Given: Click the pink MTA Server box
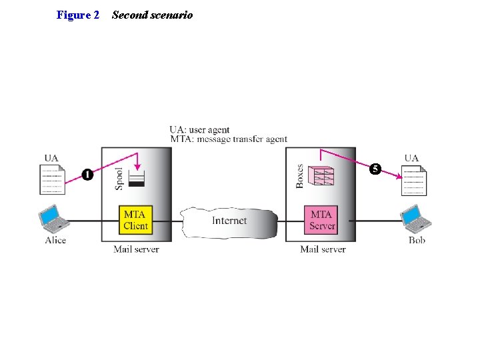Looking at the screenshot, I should coord(322,220).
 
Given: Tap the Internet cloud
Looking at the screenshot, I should coord(229,221).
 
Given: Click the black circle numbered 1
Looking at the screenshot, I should coord(87,174).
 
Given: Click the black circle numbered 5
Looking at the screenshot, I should coord(376,169).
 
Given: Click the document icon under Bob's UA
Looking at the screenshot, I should coord(414,180).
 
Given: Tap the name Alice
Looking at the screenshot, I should coord(55,240).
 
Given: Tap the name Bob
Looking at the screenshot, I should coord(417,240).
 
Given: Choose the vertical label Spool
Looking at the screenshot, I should coord(119,178).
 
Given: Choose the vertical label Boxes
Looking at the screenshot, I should coord(299,176).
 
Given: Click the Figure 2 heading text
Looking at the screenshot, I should coord(78,15).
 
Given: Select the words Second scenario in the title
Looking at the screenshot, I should coord(152,15).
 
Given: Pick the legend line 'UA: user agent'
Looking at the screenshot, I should coord(199,129).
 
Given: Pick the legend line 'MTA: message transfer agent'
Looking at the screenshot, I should coord(228,139).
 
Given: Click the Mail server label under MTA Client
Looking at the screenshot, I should coord(136,249).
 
